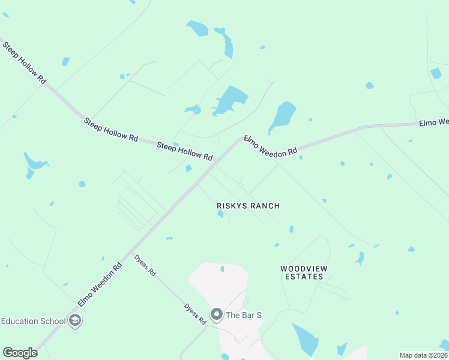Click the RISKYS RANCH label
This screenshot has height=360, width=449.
pyautogui.click(x=248, y=206)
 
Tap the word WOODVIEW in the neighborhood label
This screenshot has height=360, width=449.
pyautogui.click(x=303, y=268)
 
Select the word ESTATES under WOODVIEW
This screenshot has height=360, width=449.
pyautogui.click(x=304, y=277)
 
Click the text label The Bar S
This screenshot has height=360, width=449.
pyautogui.click(x=244, y=314)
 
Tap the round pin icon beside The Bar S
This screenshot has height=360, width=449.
pyautogui.click(x=216, y=314)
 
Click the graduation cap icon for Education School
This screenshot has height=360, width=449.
pyautogui.click(x=75, y=320)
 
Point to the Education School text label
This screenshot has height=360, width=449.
pyautogui.click(x=33, y=320)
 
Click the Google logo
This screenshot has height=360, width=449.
pyautogui.click(x=20, y=353)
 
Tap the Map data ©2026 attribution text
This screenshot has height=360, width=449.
pyautogui.click(x=423, y=355)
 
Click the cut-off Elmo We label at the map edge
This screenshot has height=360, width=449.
pyautogui.click(x=433, y=123)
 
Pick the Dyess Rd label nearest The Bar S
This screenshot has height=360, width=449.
pyautogui.click(x=195, y=314)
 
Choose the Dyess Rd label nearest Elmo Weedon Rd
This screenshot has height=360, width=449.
pyautogui.click(x=145, y=265)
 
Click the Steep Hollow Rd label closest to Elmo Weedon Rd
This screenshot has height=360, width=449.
pyautogui.click(x=184, y=151)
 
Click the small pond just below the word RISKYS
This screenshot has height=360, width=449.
pyautogui.click(x=220, y=214)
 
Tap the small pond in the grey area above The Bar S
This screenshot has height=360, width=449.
pyautogui.click(x=222, y=269)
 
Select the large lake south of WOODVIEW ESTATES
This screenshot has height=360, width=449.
pyautogui.click(x=306, y=340)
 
